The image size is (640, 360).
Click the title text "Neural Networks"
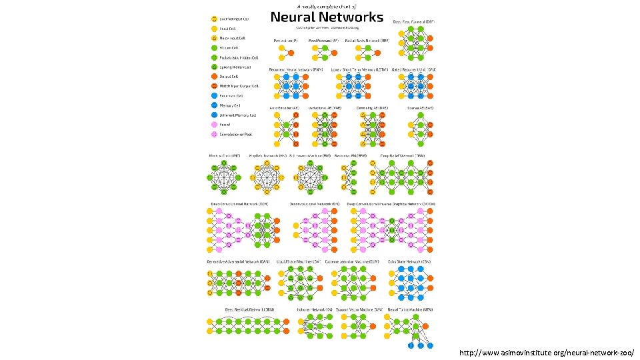point(327,17)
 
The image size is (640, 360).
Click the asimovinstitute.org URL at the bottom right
point(547,351)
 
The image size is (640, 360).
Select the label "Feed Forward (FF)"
point(323,41)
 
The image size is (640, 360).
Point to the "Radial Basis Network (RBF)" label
point(366,41)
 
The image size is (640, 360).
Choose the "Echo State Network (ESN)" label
point(409,261)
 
